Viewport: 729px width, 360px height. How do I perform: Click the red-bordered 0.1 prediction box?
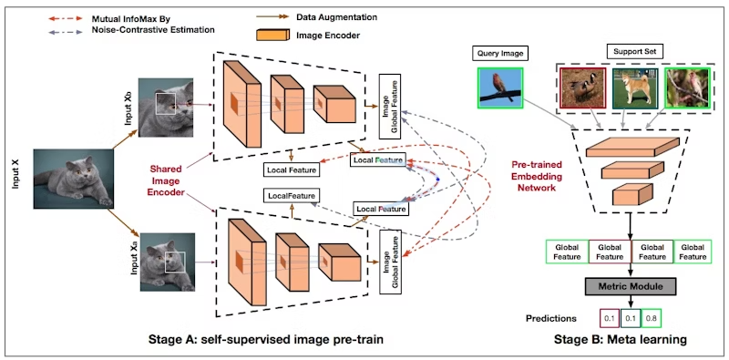coord(608,318)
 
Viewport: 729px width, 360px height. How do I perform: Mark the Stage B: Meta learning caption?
coord(621,341)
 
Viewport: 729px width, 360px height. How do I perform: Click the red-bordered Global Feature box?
coord(610,252)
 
